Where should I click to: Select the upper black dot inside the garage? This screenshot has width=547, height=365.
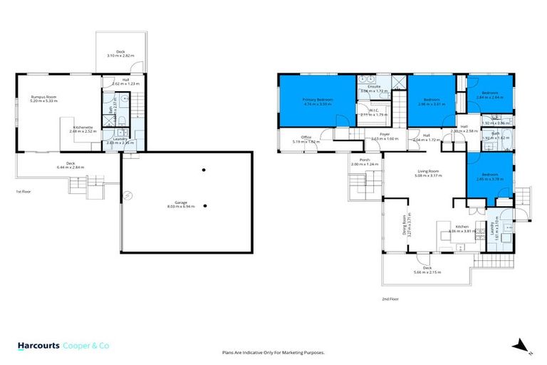(204, 170)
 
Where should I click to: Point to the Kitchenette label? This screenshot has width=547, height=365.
(83, 129)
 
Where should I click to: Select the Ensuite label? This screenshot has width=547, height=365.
(373, 89)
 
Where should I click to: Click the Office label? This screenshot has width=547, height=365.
(306, 139)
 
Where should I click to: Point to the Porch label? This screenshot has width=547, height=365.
(363, 162)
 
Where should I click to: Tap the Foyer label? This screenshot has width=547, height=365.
(385, 135)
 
